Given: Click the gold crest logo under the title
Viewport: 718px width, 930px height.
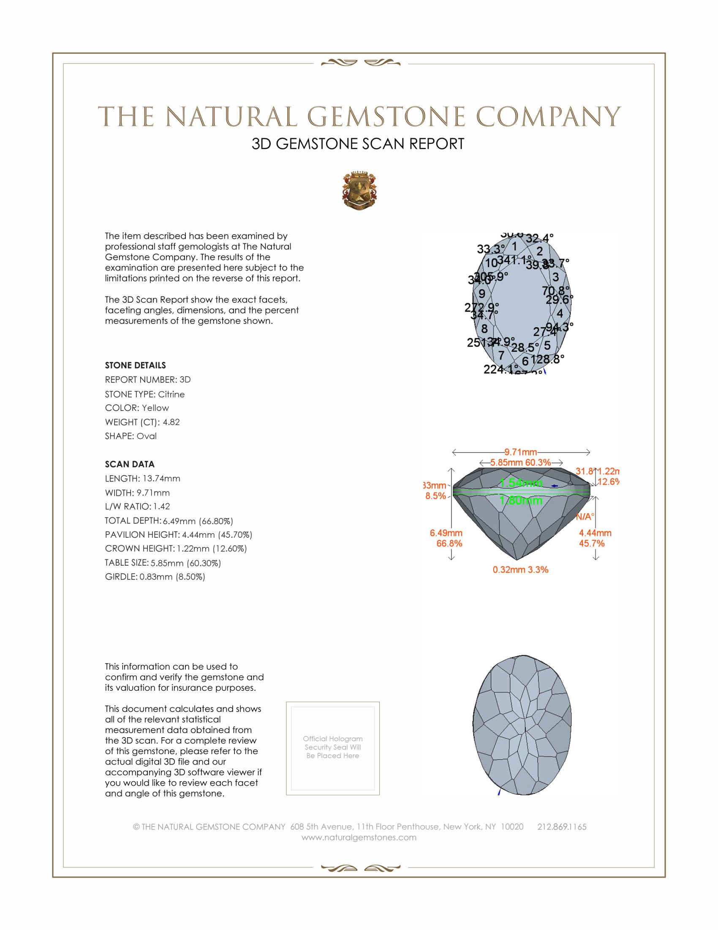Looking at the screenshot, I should [359, 190].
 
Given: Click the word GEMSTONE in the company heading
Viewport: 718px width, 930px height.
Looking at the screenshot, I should [386, 117].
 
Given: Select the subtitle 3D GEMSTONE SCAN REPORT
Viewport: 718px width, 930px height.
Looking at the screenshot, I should [358, 144].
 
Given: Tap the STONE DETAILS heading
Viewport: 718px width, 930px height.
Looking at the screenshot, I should [135, 365].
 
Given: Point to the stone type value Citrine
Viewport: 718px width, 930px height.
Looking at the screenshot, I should [171, 394].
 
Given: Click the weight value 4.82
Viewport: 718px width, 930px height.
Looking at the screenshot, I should [171, 422].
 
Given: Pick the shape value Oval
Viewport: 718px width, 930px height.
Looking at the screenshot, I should [146, 436].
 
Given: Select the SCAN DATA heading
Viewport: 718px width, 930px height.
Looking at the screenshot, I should [130, 464].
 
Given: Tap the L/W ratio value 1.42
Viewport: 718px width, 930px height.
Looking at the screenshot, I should [162, 506].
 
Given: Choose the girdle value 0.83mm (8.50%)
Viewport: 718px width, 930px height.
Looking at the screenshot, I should [172, 577].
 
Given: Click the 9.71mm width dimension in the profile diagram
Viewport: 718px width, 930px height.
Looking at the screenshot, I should [521, 452].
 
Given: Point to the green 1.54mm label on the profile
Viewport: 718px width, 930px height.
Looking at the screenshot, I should [521, 483].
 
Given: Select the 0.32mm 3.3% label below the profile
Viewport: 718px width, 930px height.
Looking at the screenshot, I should [520, 570].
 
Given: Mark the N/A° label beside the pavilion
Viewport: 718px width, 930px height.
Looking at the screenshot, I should [585, 517].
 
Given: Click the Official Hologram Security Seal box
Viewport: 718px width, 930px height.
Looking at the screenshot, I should [333, 749].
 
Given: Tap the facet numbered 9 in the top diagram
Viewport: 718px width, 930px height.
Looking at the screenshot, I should [482, 294].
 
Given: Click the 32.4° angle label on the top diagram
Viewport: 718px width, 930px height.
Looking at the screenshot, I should [539, 238].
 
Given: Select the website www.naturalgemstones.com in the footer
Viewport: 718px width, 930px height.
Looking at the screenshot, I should [359, 837].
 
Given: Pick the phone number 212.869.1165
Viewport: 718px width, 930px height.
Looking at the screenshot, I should [562, 826].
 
